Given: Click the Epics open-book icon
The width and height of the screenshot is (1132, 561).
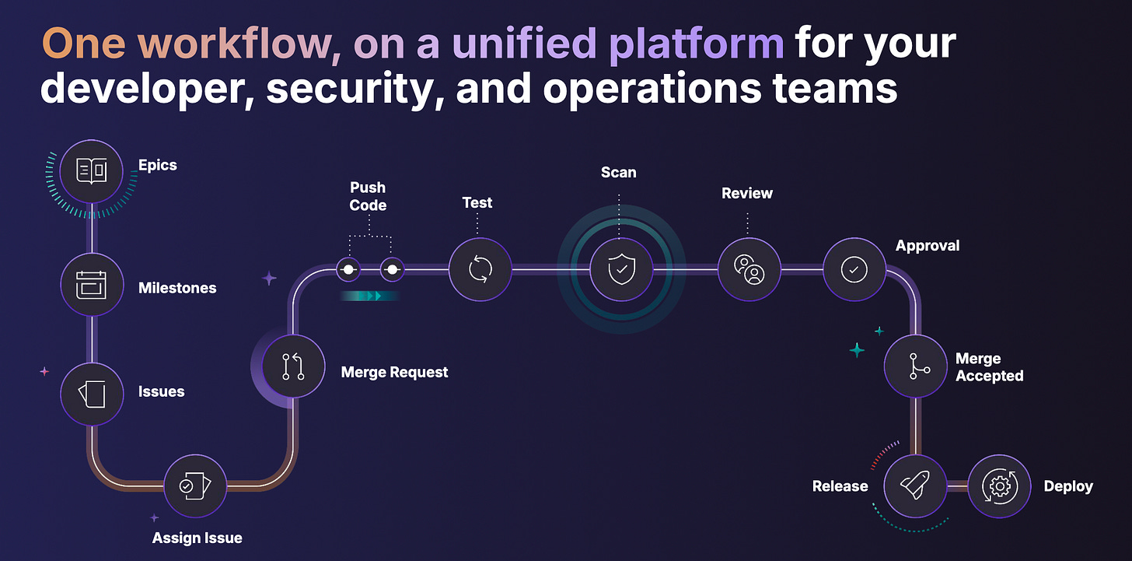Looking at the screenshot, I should pyautogui.click(x=92, y=171).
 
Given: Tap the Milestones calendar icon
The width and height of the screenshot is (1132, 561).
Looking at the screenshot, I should pyautogui.click(x=92, y=286).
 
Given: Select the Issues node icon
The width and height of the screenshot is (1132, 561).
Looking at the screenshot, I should pyautogui.click(x=92, y=393).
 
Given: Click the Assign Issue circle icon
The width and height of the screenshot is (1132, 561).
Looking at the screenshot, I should pyautogui.click(x=195, y=486).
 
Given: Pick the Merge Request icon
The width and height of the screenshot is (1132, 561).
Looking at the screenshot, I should pyautogui.click(x=293, y=366).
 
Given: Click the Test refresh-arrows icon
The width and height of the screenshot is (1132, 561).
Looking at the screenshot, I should pyautogui.click(x=480, y=269).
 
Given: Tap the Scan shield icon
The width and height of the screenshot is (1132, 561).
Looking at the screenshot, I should pyautogui.click(x=620, y=269).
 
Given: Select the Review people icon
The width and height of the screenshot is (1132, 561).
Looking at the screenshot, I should pyautogui.click(x=749, y=269).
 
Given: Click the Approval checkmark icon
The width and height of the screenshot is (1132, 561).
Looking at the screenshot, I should pyautogui.click(x=854, y=269).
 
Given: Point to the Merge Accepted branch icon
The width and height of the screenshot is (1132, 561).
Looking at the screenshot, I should pyautogui.click(x=915, y=366).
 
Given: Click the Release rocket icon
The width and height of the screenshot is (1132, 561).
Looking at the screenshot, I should pyautogui.click(x=915, y=486).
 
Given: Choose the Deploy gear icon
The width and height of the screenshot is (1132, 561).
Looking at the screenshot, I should pyautogui.click(x=999, y=486).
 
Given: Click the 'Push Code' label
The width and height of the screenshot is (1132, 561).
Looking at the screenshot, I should pyautogui.click(x=368, y=196).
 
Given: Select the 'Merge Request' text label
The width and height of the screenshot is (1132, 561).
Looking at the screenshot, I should pyautogui.click(x=394, y=373).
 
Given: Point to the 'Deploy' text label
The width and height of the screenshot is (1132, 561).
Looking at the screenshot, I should pyautogui.click(x=1068, y=486).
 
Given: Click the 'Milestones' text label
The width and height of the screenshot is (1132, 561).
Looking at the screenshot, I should pyautogui.click(x=177, y=288).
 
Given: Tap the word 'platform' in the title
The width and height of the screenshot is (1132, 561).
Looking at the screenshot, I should pyautogui.click(x=696, y=44).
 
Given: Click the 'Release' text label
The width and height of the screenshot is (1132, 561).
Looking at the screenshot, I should pyautogui.click(x=840, y=486).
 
